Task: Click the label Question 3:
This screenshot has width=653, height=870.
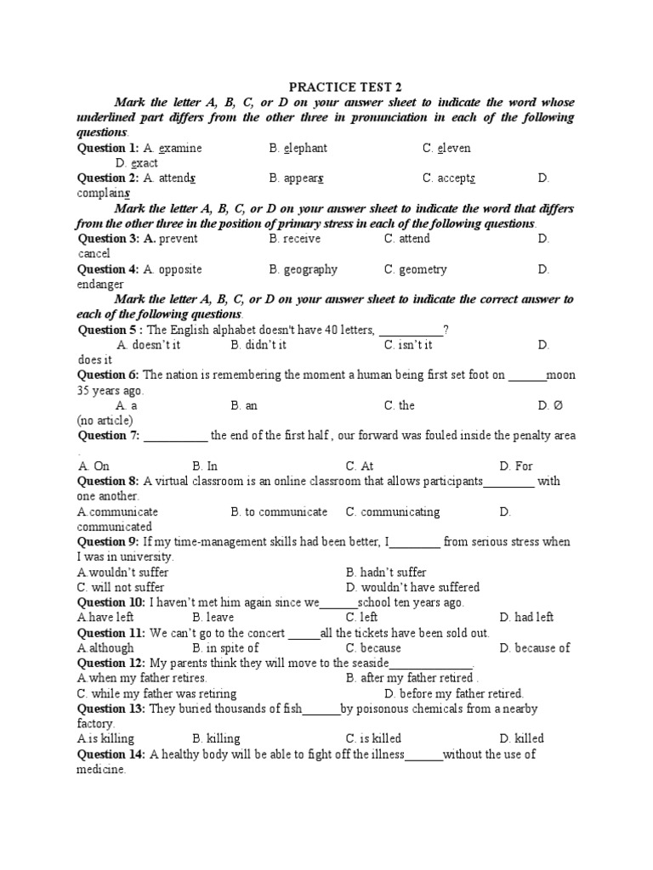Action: click(x=108, y=239)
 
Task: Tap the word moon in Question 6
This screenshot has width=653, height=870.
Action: click(x=561, y=375)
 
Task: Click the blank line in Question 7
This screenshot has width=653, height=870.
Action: click(x=175, y=437)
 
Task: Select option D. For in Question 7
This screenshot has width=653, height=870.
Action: click(x=516, y=466)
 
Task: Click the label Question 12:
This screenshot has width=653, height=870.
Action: click(x=111, y=663)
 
